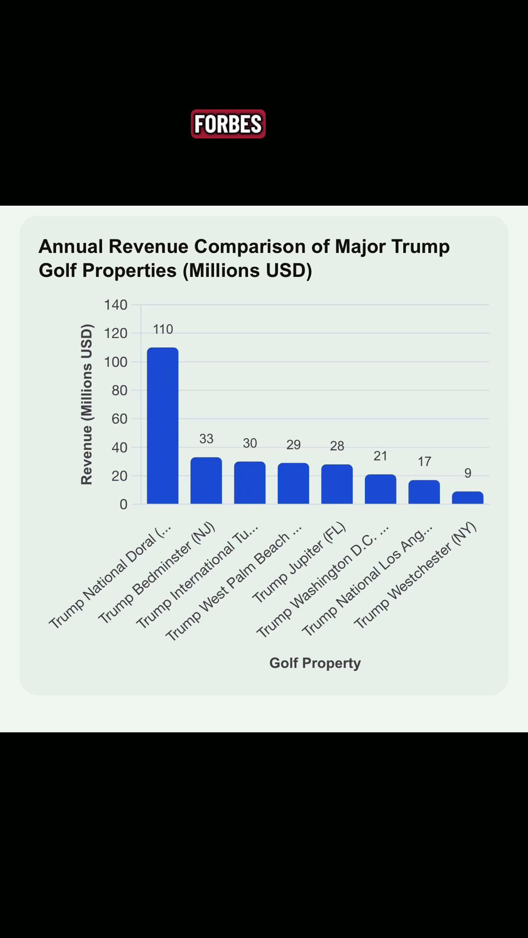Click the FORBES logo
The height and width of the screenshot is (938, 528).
(x=228, y=124)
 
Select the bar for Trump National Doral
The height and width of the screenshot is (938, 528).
(x=163, y=426)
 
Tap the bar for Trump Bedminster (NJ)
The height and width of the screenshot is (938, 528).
(x=206, y=480)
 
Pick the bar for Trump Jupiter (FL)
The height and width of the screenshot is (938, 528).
(x=337, y=484)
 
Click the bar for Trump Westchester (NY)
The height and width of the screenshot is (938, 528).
(x=468, y=497)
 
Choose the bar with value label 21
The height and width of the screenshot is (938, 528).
(x=380, y=489)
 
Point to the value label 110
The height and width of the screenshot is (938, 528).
(x=163, y=329)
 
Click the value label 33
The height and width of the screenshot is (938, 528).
(x=206, y=439)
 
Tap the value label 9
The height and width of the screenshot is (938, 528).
(x=468, y=473)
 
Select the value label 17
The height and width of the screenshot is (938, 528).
(x=424, y=462)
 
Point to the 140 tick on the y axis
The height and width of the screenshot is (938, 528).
(x=115, y=305)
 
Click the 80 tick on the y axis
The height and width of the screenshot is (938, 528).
(x=119, y=390)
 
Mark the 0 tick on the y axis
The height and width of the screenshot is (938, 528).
(x=123, y=504)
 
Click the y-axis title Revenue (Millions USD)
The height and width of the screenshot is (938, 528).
(x=87, y=404)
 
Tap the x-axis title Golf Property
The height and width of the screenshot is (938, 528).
(x=315, y=663)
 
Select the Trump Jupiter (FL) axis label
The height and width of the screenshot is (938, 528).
(x=299, y=563)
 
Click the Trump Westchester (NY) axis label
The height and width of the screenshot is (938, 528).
(x=415, y=576)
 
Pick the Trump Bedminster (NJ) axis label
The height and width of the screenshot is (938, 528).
(x=156, y=573)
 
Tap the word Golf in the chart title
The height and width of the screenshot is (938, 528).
(x=58, y=270)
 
